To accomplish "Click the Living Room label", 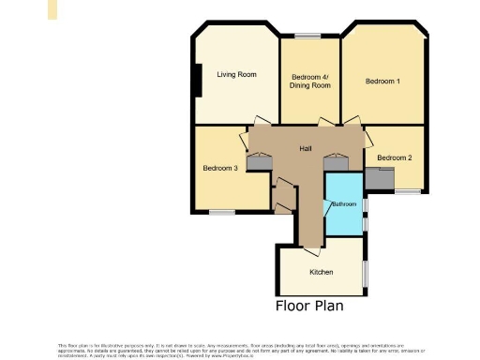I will point(236,74).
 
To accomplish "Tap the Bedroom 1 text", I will point(382,82).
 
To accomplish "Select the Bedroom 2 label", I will point(395,158).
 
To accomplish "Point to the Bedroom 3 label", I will point(220,168).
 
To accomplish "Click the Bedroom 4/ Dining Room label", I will point(310,81).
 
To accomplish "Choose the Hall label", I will point(306,149).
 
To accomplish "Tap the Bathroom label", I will point(342,203).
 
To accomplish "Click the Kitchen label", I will point(321,273).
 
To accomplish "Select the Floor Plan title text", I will point(309,306).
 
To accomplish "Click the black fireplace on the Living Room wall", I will point(197,80).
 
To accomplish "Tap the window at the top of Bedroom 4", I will point(307,36).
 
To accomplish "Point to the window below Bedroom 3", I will point(221,212).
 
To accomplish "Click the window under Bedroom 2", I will point(407,192).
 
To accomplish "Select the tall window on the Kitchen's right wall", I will point(365,271).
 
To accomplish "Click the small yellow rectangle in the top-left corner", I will point(52,9).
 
